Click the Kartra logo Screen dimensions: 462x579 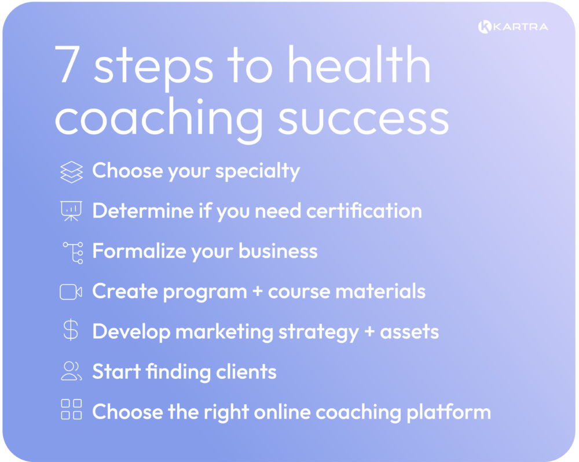[513, 27]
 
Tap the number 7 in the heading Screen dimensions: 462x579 [67, 65]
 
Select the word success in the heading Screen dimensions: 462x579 [364, 118]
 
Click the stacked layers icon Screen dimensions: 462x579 [72, 172]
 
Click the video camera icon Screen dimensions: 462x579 [71, 292]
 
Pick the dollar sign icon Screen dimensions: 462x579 [71, 331]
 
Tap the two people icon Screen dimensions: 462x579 [72, 371]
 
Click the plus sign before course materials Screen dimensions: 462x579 [257, 291]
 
